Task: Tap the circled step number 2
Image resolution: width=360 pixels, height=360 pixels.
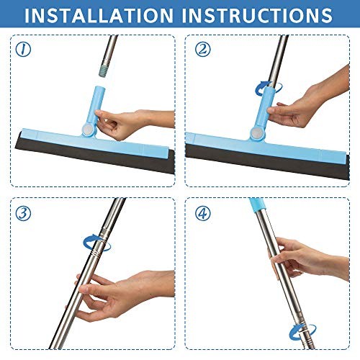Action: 202,50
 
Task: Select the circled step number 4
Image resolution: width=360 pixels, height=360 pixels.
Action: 202,213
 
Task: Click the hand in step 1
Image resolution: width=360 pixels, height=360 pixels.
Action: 137,124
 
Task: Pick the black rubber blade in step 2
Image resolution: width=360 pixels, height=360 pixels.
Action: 266,150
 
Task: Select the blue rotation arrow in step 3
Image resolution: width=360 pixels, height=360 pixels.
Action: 100,243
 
